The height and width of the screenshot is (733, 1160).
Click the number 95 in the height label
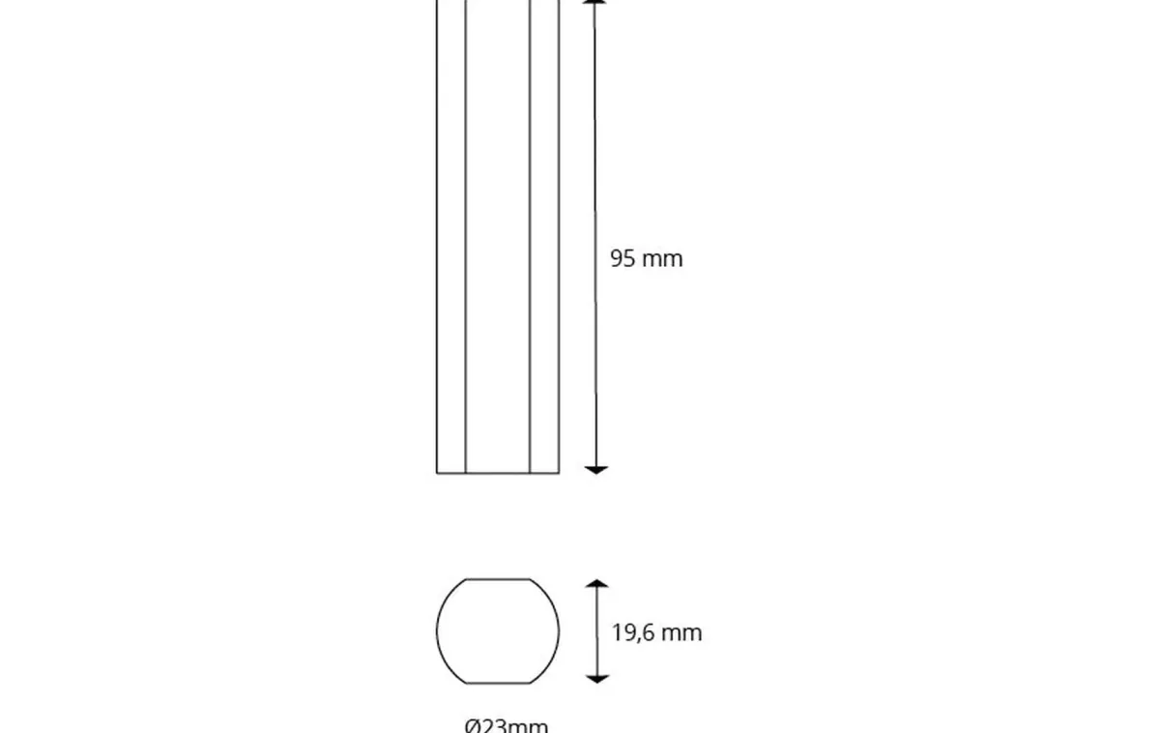coord(623,258)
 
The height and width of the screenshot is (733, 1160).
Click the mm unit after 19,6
coord(681,633)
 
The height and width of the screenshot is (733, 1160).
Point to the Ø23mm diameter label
coord(506,725)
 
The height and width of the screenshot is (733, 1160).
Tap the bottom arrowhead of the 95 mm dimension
coord(596,469)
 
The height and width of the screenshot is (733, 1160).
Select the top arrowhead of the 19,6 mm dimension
coord(597,584)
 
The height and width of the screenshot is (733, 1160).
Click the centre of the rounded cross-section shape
coord(498,630)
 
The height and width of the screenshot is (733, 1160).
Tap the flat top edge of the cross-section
coord(498,579)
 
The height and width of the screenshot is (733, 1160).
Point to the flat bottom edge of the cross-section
coord(498,683)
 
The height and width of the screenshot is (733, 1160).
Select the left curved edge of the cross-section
coord(438,630)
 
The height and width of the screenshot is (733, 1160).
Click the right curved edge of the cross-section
coord(559,630)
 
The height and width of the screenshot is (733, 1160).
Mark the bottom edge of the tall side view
coord(498,473)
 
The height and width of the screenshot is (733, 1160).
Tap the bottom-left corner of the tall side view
coord(437,473)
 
